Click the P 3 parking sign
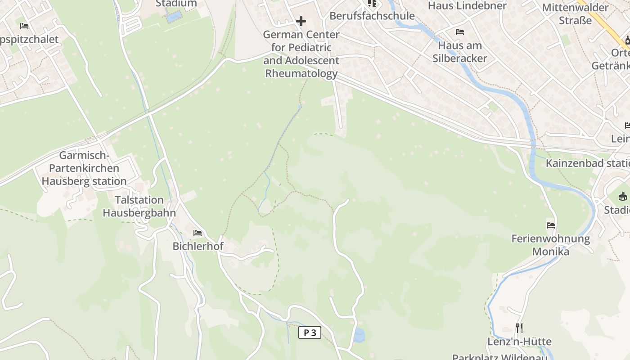coord(310,333)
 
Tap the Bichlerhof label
coord(198,247)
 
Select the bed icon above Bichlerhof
coord(198,233)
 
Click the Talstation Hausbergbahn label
coord(139,206)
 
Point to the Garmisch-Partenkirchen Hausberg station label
coord(84,168)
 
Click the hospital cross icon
coord(301,21)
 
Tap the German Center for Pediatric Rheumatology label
coord(301,54)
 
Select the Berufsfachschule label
coord(372,16)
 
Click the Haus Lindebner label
coord(467,6)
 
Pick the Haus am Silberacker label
coord(460,52)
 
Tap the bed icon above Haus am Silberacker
coord(460,32)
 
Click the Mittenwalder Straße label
coord(575,14)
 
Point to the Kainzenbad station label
coord(588,163)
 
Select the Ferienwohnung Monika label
coord(551,245)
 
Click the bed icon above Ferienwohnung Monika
coord(551,225)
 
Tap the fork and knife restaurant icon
coord(519,328)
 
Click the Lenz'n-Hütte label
coord(519,342)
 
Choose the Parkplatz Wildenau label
coord(499,356)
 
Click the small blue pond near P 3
coord(359,335)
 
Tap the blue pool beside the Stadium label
coord(174,17)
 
